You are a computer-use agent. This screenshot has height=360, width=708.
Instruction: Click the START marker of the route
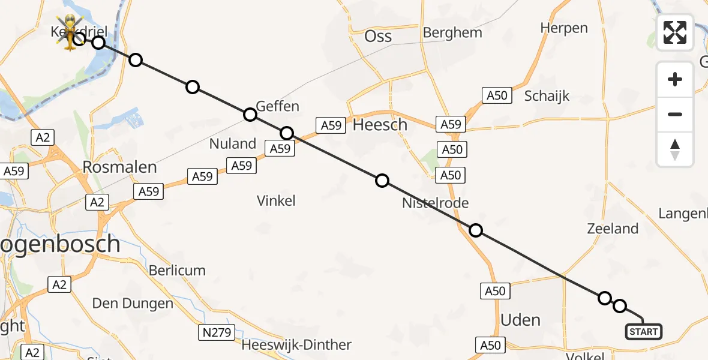pyautogui.click(x=644, y=331)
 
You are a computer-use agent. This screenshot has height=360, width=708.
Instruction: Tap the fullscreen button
pyautogui.click(x=675, y=32)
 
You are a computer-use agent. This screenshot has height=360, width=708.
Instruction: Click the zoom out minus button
pyautogui.click(x=675, y=114)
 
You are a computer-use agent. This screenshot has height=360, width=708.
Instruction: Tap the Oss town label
pyautogui.click(x=378, y=37)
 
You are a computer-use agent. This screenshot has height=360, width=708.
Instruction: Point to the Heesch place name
pyautogui.click(x=380, y=125)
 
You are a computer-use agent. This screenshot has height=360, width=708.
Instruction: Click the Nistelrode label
pyautogui.click(x=435, y=203)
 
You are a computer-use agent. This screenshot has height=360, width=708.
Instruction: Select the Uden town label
pyautogui.click(x=520, y=320)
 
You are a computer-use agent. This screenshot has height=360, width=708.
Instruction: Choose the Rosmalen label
pyautogui.click(x=119, y=167)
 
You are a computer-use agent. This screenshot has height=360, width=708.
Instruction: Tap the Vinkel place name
pyautogui.click(x=276, y=200)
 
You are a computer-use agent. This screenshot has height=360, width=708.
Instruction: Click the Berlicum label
pyautogui.click(x=177, y=271)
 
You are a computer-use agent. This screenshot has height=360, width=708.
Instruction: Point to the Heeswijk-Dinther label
pyautogui.click(x=296, y=345)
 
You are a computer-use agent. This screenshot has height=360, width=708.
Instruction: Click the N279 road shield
pyautogui.click(x=216, y=332)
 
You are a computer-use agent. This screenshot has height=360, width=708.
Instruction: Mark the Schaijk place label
pyautogui.click(x=547, y=96)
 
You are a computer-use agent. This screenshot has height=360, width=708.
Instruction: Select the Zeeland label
pyautogui.click(x=613, y=229)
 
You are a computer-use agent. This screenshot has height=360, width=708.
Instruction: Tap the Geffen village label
pyautogui.click(x=277, y=107)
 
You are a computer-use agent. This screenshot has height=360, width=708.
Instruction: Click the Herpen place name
pyautogui.click(x=564, y=28)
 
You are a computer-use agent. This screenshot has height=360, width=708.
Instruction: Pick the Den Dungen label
pyautogui.click(x=133, y=304)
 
